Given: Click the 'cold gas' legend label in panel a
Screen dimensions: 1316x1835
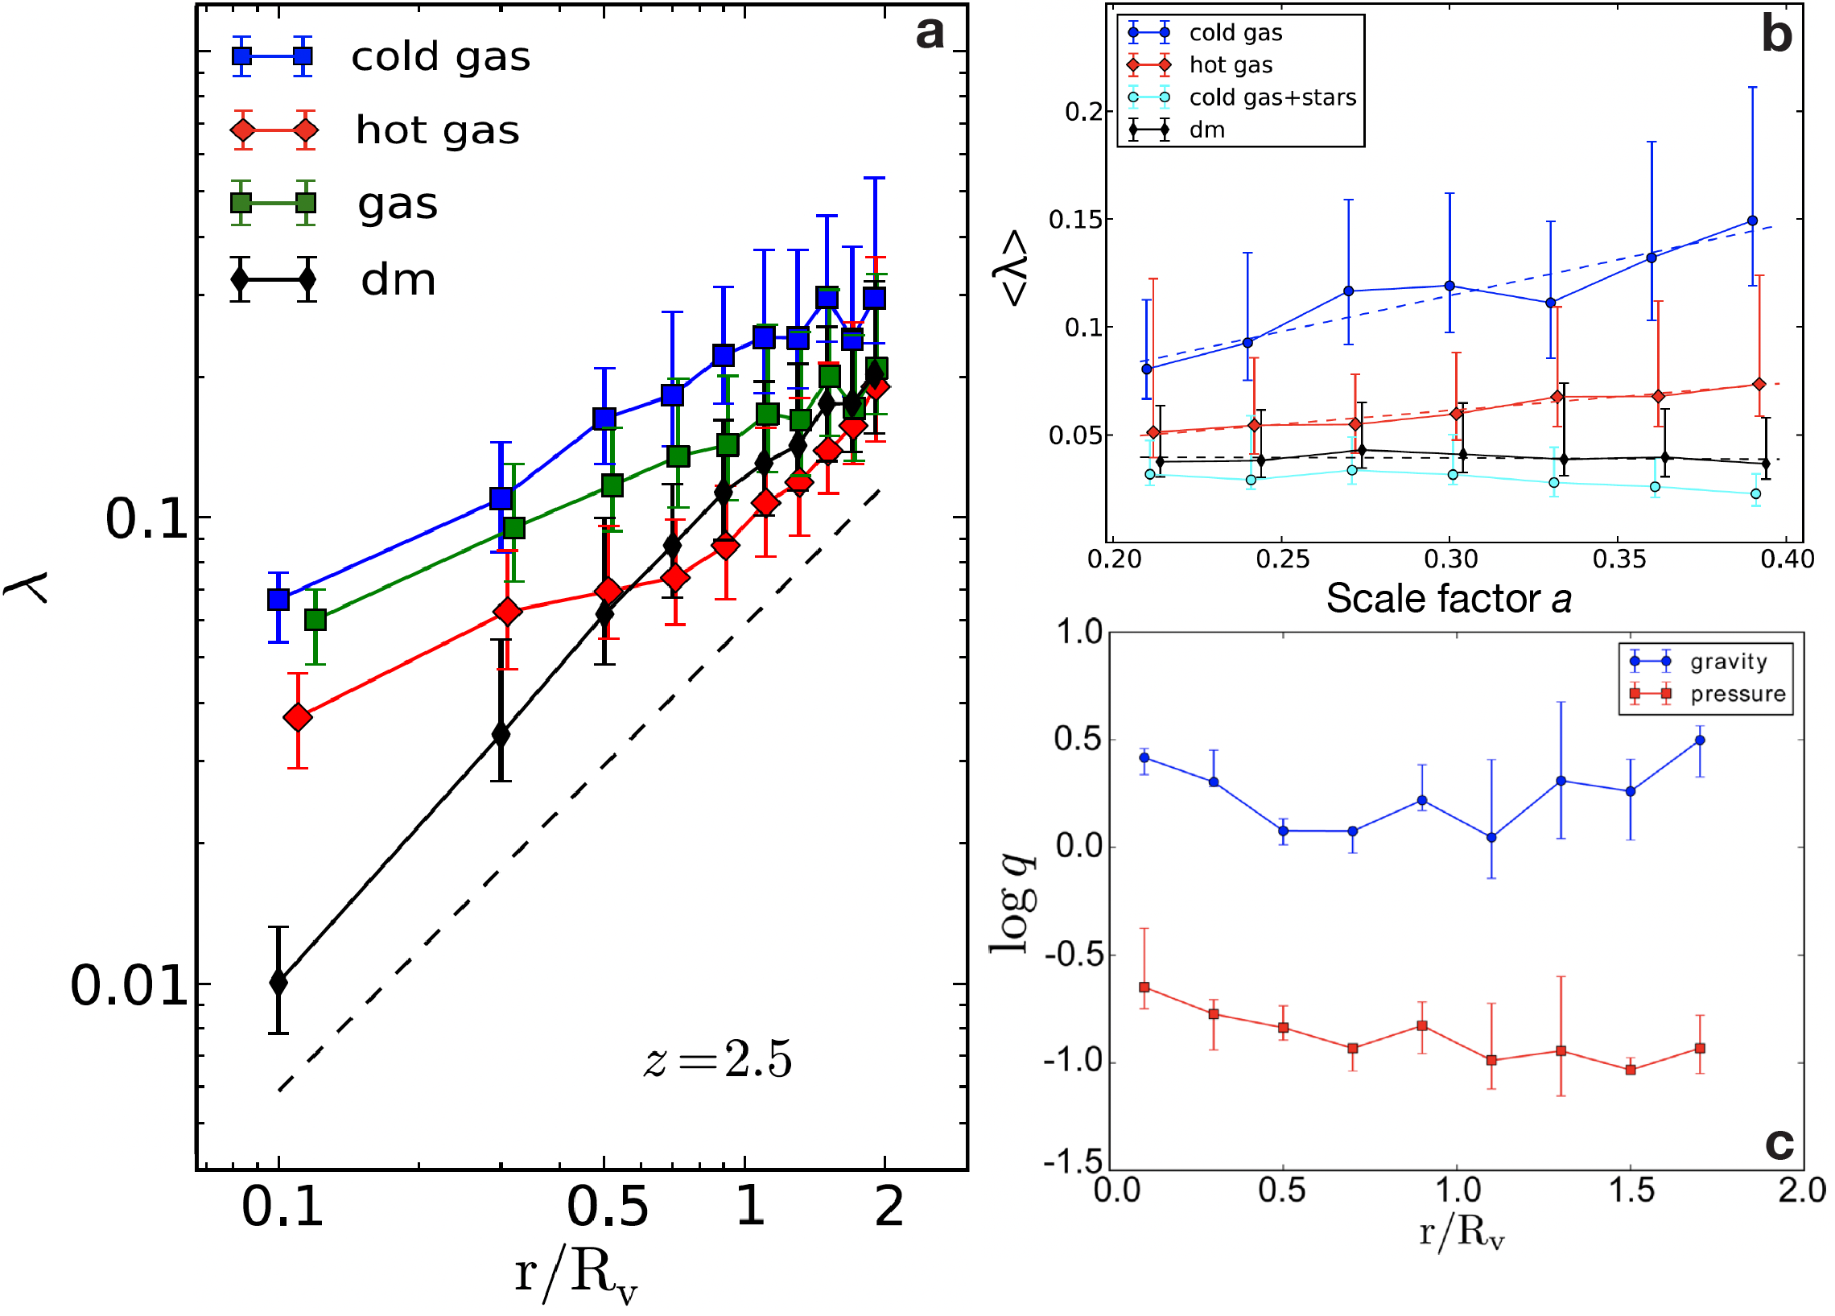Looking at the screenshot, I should (440, 56).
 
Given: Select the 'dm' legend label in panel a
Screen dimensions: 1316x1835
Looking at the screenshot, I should (398, 280).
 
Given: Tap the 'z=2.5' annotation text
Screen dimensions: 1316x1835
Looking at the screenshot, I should (718, 1058).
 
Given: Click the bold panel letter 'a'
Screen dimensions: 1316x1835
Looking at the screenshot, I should (930, 34).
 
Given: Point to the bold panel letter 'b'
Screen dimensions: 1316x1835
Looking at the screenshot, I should (1777, 35).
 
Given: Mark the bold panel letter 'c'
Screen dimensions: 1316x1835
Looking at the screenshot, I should (1779, 1143).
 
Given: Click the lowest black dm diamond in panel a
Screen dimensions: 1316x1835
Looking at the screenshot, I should (278, 983).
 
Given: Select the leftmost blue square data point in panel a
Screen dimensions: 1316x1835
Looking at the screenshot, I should (278, 599).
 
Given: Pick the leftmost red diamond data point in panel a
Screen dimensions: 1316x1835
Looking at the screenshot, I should (298, 717).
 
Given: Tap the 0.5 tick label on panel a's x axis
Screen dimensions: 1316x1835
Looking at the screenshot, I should (607, 1207).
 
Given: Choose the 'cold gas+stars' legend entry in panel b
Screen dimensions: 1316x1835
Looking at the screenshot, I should (1272, 98).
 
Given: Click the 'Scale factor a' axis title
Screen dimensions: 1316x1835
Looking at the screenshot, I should (1448, 599).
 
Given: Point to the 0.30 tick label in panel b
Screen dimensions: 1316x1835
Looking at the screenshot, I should (1450, 559).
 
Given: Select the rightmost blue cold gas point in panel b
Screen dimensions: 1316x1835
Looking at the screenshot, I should (1752, 221).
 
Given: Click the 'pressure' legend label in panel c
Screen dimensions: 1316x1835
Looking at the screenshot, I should (1738, 695).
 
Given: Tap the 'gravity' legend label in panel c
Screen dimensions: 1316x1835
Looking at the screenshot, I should (1728, 662).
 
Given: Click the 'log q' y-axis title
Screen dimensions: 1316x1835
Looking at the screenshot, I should (1012, 902).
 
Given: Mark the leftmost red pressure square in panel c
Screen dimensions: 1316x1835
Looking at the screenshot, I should (1144, 988).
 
